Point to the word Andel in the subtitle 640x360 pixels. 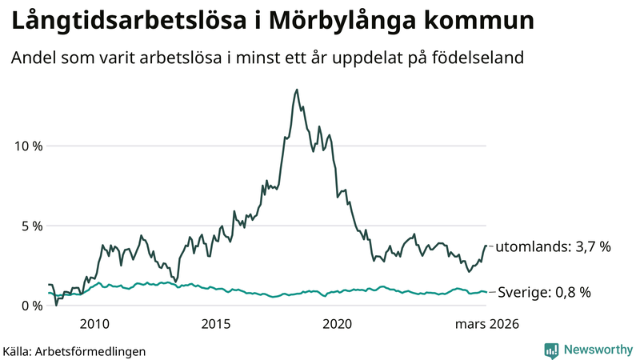coord(32,58)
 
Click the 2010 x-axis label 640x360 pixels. coord(94,324)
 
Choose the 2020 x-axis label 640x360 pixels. coord(337,324)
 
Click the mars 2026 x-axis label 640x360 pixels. coord(487,324)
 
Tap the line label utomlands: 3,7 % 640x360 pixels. coord(553,247)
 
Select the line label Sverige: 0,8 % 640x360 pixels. coord(544,293)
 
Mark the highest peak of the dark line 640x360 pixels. coord(297,90)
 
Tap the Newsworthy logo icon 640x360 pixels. coord(551,350)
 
